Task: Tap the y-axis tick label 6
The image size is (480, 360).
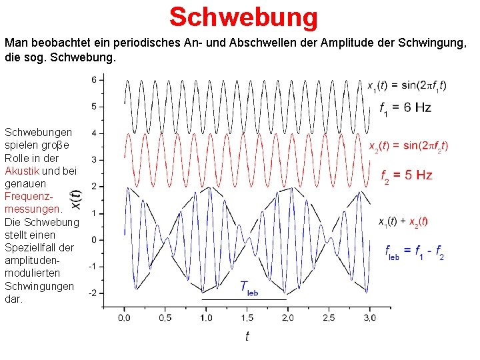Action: (94, 80)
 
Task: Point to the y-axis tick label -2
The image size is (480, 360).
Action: (93, 293)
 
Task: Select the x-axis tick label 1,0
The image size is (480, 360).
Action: (207, 317)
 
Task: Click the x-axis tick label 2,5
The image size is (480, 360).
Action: (329, 317)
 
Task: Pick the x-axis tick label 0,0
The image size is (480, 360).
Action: (125, 317)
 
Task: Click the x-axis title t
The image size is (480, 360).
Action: (247, 336)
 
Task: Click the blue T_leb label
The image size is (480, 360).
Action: (249, 288)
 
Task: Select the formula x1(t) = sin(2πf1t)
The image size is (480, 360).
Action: (407, 85)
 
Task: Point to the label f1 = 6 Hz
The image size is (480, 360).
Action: (405, 108)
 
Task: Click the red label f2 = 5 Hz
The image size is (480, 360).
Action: (406, 176)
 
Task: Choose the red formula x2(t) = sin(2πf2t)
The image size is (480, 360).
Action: (409, 147)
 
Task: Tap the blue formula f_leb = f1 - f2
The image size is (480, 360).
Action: (414, 252)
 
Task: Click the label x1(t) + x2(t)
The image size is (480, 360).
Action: (403, 221)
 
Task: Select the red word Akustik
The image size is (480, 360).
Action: (22, 171)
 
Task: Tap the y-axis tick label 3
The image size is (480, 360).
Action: (94, 160)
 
